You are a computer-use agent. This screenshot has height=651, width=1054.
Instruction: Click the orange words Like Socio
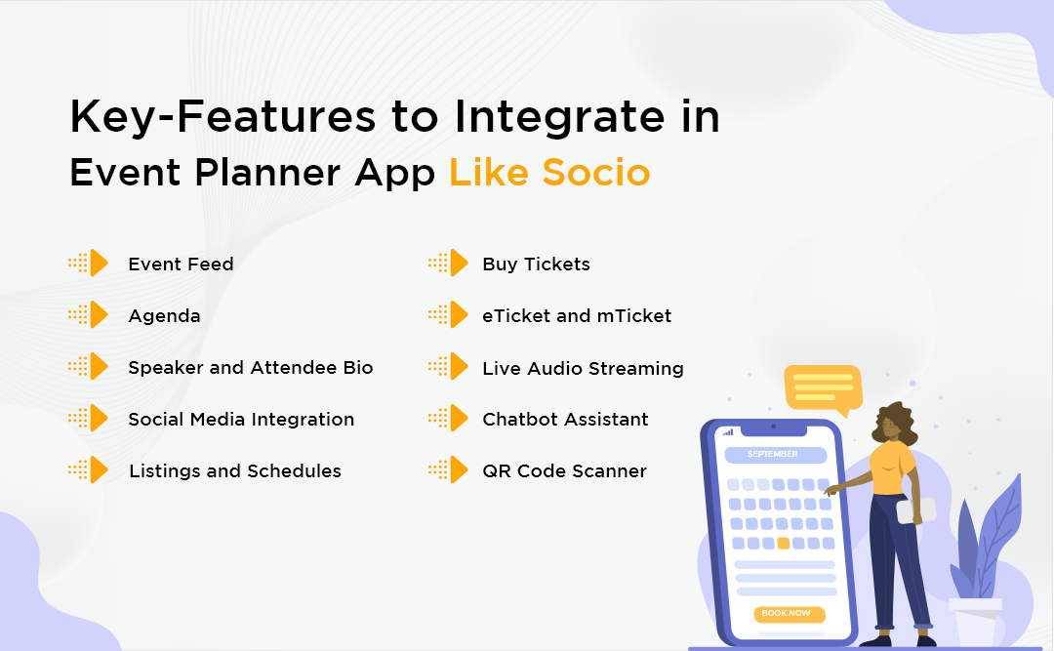pyautogui.click(x=549, y=173)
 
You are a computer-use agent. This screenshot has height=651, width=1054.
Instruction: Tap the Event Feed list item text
pyautogui.click(x=181, y=264)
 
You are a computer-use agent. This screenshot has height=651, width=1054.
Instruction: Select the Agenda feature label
pyautogui.click(x=164, y=315)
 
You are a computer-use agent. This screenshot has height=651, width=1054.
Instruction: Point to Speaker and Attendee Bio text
pyautogui.click(x=250, y=368)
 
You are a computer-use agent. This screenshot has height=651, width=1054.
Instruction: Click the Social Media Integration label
pyautogui.click(x=241, y=419)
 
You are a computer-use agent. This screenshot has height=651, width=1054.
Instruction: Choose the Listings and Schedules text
pyautogui.click(x=234, y=470)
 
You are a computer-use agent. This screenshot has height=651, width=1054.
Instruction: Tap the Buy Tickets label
pyautogui.click(x=536, y=264)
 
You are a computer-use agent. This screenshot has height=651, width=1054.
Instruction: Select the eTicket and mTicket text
pyautogui.click(x=577, y=315)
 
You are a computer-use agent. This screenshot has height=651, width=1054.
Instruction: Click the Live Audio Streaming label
pyautogui.click(x=583, y=368)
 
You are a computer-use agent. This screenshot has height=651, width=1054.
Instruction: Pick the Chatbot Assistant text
pyautogui.click(x=565, y=419)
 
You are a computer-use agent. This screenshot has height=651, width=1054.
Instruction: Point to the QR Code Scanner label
pyautogui.click(x=564, y=470)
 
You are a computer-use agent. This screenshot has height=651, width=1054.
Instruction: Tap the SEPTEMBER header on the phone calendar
pyautogui.click(x=773, y=455)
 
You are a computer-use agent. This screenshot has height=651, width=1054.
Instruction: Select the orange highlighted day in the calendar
pyautogui.click(x=783, y=543)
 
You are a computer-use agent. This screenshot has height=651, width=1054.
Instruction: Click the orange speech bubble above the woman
pyautogui.click(x=823, y=387)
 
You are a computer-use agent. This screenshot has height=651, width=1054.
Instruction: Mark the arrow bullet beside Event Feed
pyautogui.click(x=89, y=264)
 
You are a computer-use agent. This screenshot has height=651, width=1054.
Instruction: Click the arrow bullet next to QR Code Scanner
pyautogui.click(x=449, y=470)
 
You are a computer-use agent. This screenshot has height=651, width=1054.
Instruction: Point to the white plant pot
pyautogui.click(x=975, y=620)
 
